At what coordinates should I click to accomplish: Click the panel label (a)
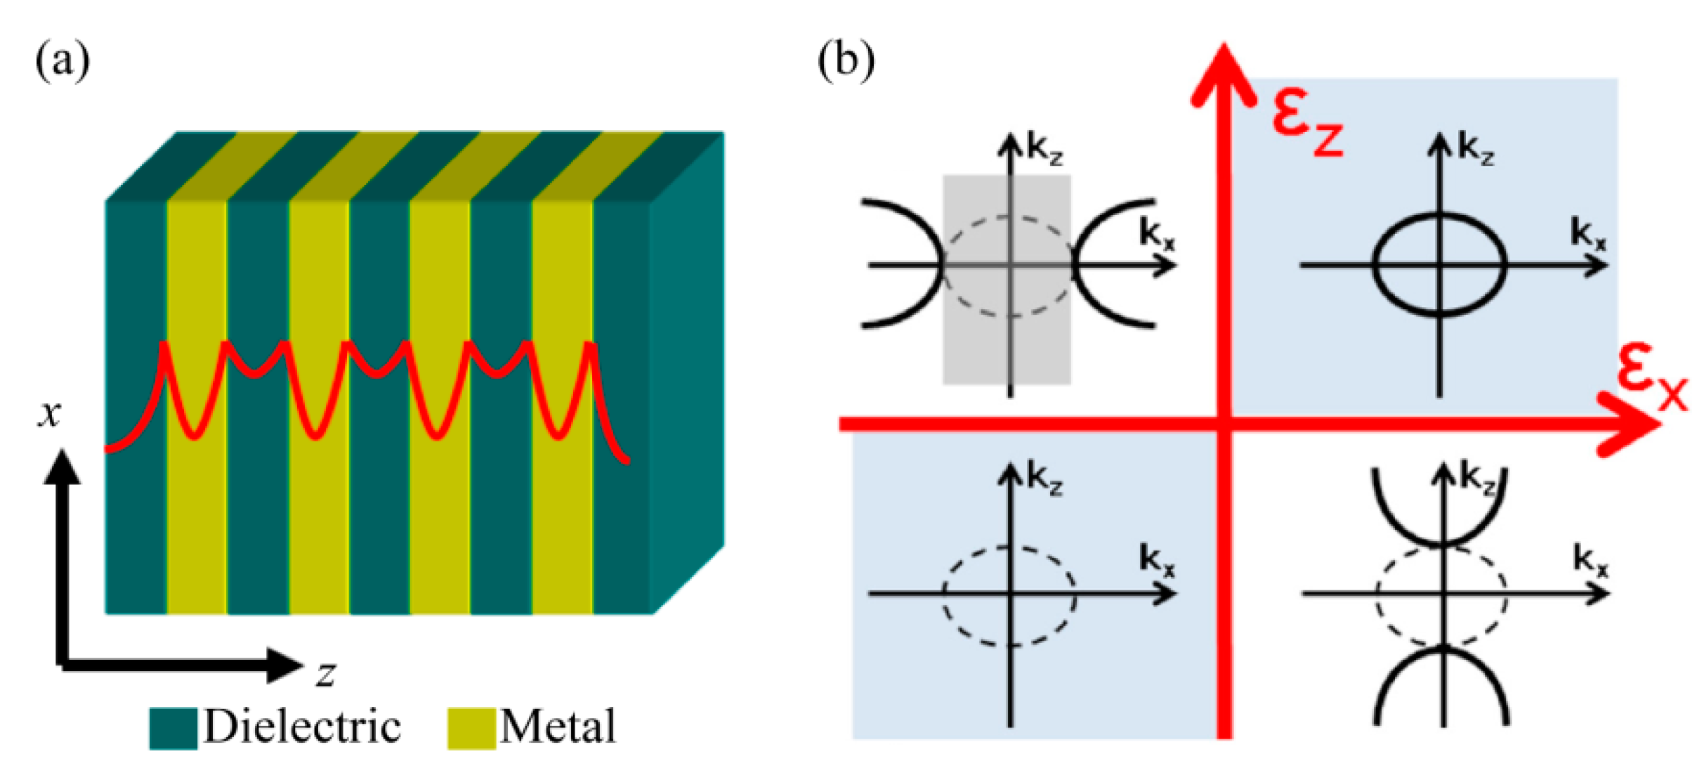tap(63, 61)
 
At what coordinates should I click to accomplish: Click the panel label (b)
tap(846, 61)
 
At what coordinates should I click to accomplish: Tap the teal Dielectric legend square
tap(173, 728)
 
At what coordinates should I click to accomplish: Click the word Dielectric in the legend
tap(302, 726)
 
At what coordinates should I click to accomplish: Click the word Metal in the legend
tap(558, 726)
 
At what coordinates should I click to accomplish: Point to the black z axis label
tap(326, 673)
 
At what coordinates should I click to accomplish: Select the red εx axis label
tap(1651, 379)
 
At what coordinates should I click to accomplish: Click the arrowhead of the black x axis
tap(63, 467)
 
